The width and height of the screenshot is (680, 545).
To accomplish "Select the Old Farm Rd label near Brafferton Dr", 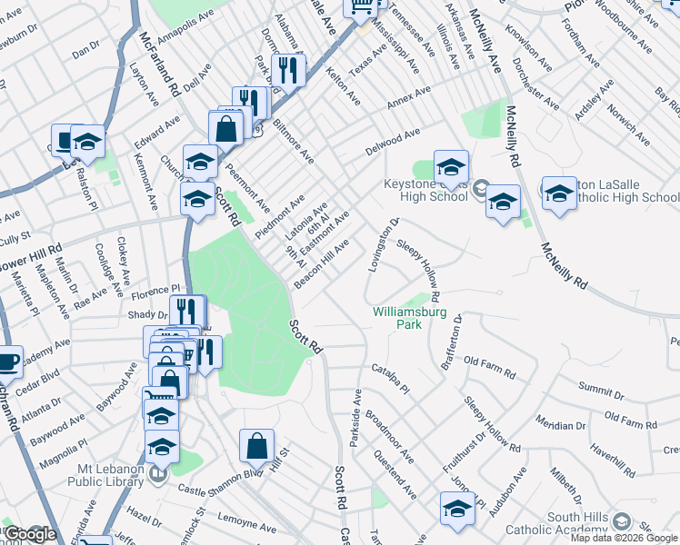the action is (489, 362).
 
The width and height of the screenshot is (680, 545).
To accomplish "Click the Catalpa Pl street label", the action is (392, 377).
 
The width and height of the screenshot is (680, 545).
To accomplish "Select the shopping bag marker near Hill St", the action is (256, 446).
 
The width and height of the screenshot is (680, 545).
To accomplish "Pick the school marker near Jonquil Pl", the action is (457, 509).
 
